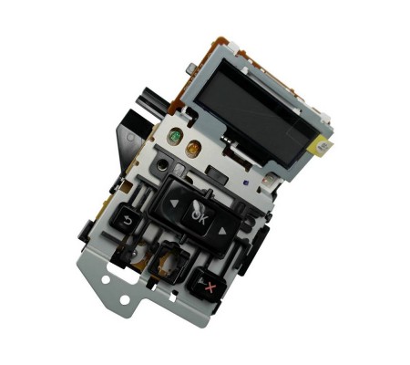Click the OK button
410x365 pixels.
tap(199, 217)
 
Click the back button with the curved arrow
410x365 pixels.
tap(125, 218)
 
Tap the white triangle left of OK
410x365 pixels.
tap(173, 203)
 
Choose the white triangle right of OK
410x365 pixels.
tap(222, 231)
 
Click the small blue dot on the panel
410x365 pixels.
tap(245, 183)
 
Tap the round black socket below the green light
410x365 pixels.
tap(161, 165)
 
